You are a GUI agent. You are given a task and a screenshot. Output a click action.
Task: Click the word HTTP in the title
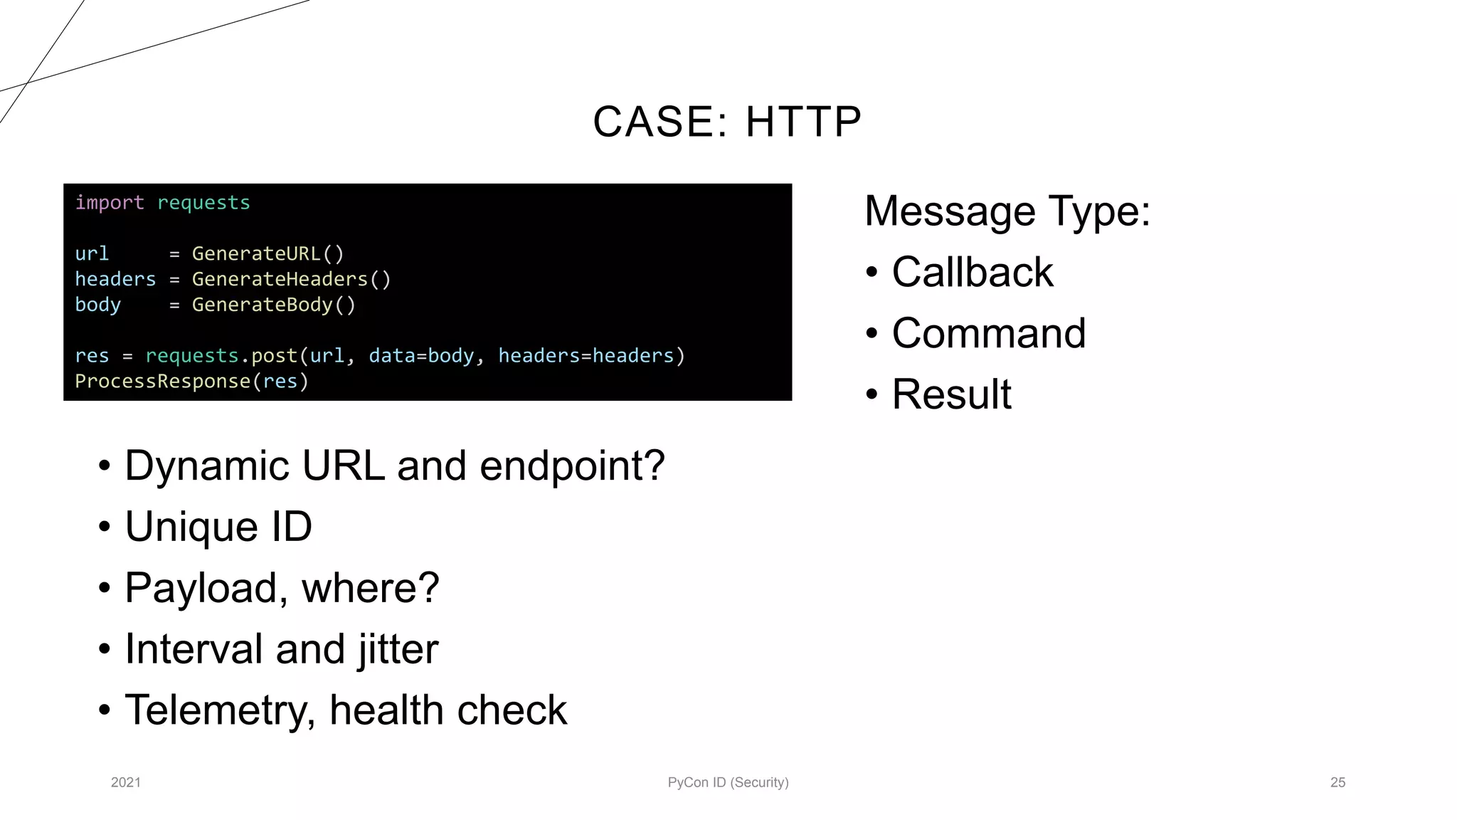click(803, 122)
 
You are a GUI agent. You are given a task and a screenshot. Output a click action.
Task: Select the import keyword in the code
click(110, 203)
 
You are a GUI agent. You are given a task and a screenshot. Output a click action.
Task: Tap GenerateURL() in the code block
click(267, 254)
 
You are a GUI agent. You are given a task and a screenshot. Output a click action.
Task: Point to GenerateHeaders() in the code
click(291, 279)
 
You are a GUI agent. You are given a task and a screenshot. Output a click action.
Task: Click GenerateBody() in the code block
click(273, 305)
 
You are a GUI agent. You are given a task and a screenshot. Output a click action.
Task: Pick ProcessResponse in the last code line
click(162, 382)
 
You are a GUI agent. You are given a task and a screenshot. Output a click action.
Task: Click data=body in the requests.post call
click(421, 356)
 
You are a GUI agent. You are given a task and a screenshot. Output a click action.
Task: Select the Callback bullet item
click(972, 272)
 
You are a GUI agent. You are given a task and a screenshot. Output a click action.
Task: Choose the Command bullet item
click(988, 333)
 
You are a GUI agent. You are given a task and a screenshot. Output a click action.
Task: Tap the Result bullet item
click(951, 394)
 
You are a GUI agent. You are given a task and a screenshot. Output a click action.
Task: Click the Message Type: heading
click(1007, 211)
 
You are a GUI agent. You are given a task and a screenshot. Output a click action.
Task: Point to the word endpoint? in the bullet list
click(572, 466)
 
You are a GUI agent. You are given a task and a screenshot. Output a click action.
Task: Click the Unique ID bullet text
click(218, 527)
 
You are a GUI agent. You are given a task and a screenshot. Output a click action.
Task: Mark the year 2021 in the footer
click(126, 782)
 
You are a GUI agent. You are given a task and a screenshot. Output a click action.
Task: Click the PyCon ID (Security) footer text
click(728, 782)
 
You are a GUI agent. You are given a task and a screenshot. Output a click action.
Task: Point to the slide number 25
click(1337, 782)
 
